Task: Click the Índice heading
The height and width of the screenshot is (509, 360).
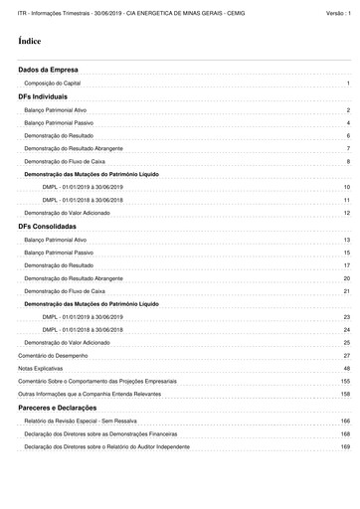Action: click(x=29, y=42)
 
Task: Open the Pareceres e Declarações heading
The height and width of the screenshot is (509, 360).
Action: click(x=62, y=408)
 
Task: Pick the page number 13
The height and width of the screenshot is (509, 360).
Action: click(x=347, y=241)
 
